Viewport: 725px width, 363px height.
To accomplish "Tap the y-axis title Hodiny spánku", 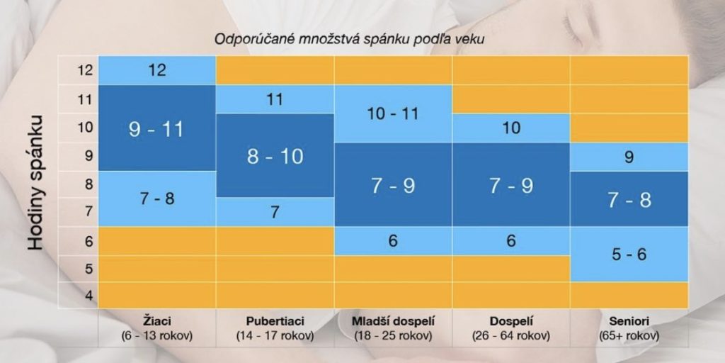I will point(37,182).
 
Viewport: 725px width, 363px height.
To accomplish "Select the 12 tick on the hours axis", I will point(85,70).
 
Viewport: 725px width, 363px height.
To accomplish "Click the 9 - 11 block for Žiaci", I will point(156,128).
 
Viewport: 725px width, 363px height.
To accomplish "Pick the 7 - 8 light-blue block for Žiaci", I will point(156,199).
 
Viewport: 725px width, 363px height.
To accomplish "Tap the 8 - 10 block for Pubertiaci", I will point(275,156).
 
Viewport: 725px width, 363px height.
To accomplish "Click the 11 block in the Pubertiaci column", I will point(275,99).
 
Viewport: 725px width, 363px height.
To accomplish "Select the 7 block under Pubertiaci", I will point(275,212).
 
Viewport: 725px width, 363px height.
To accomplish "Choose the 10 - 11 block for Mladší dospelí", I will point(392,113).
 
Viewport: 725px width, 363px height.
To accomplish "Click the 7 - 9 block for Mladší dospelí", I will point(393,186).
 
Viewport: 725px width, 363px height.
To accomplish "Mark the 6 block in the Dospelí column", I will point(510,241).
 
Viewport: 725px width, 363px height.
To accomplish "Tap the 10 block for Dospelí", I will point(510,128).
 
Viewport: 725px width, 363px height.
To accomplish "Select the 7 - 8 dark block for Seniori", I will point(629,199).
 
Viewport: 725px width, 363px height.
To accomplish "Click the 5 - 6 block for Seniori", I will point(629,254).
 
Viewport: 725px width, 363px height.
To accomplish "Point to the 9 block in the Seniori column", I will point(629,157).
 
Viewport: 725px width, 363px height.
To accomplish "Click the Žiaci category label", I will point(156,321).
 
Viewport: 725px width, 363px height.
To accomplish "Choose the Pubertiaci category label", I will point(275,321).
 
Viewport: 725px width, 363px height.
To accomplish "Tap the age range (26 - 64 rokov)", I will point(510,335).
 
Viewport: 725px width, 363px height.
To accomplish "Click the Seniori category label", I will point(629,321).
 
